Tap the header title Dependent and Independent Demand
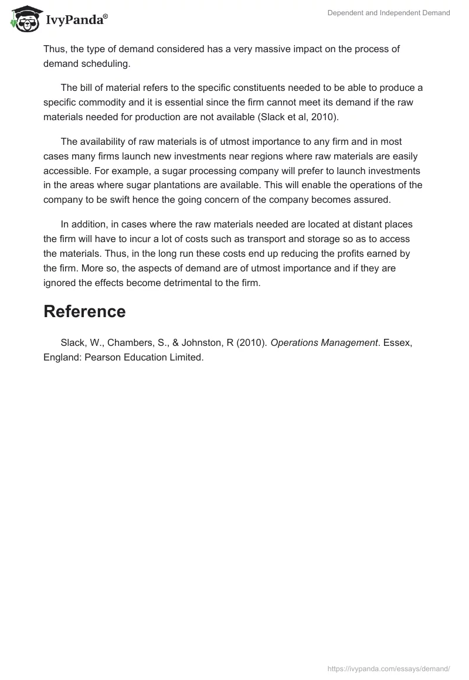[389, 13]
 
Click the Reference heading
[84, 311]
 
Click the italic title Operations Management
[324, 342]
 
